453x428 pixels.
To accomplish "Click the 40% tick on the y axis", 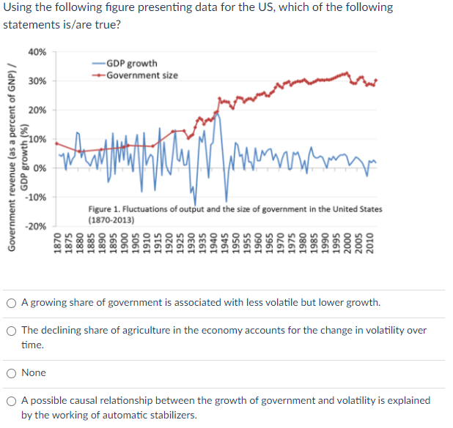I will point(37,53).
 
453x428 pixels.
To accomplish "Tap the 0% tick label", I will point(41,168).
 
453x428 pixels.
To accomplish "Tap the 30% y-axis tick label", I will point(37,81).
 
